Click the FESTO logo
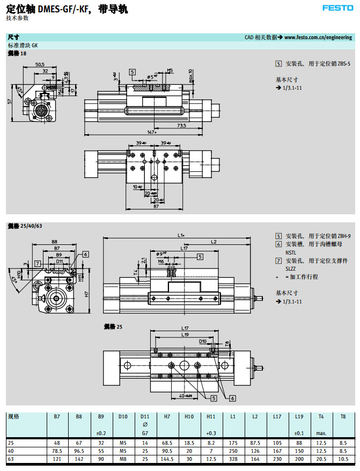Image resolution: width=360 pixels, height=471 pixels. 337,8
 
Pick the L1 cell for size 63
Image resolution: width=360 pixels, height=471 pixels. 233,460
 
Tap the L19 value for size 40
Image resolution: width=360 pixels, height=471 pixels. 299,451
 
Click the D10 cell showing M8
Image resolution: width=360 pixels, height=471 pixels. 123,460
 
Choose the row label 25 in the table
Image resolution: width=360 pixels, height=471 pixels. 11,443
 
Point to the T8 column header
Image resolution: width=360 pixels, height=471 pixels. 343,416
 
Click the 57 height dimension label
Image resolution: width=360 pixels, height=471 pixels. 10,102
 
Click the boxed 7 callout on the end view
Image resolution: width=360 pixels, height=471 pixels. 37,263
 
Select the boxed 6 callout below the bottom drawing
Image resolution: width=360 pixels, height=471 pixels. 233,398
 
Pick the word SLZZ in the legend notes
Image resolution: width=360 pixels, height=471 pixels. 290,268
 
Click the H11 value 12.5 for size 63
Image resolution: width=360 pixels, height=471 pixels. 211,460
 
